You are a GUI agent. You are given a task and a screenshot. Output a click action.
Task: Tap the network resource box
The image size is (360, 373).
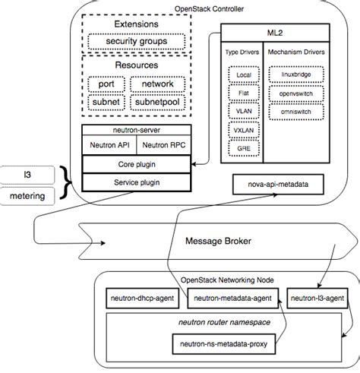click(156, 84)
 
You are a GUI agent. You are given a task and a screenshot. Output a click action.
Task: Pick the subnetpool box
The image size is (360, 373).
click(156, 101)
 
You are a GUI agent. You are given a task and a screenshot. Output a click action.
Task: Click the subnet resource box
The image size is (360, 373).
click(105, 101)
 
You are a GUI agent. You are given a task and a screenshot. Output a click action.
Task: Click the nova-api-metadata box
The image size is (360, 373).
click(275, 185)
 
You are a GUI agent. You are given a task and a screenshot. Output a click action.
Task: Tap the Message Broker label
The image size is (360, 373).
click(221, 242)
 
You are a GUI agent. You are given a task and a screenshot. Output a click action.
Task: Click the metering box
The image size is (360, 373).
click(27, 197)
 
